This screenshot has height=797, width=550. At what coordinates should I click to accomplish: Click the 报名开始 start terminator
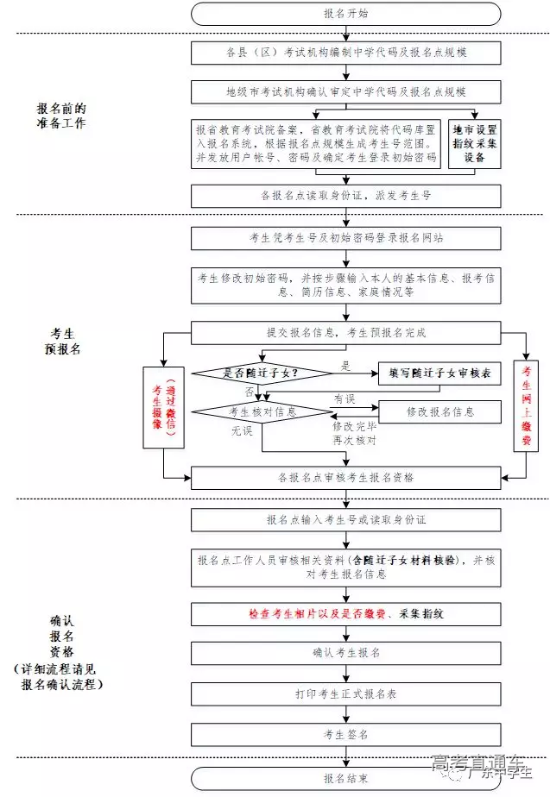pos(345,14)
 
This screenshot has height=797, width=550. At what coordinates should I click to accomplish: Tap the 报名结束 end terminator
pos(345,779)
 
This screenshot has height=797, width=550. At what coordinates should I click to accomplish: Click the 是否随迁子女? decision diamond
pos(262,373)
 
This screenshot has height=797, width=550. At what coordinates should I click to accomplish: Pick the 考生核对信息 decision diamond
pos(262,412)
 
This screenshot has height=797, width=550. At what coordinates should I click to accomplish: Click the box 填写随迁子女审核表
pos(439,373)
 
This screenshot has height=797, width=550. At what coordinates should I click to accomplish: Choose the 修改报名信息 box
pos(439,412)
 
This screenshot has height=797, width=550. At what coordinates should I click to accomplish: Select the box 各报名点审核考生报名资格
pos(345,477)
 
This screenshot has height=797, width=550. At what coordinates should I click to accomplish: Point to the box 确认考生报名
pos(345,652)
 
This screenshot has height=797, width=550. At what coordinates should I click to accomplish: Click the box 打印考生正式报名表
pos(345,693)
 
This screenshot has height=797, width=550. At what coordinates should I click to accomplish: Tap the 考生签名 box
pos(345,734)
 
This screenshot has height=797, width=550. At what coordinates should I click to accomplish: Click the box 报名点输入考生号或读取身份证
pos(345,520)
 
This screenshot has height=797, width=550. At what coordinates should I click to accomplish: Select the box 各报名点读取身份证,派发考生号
pos(345,196)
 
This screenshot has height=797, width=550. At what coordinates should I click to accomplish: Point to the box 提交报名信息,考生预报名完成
pos(345,332)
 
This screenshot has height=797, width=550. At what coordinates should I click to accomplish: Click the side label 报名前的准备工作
pos(61,116)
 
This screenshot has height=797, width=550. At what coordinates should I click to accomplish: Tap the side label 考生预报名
pos(61,342)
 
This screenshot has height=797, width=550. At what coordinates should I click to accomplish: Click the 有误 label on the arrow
pos(344,398)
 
